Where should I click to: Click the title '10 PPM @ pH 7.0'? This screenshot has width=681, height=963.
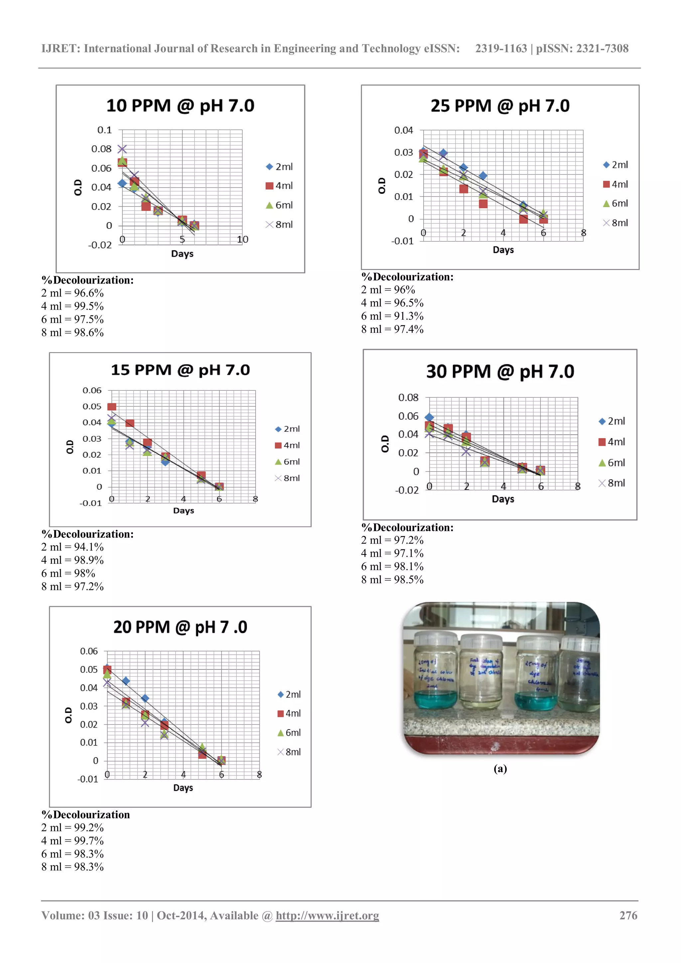180,106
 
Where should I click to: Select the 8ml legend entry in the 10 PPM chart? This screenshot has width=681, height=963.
280,225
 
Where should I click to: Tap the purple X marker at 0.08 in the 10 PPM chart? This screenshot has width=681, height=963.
122,149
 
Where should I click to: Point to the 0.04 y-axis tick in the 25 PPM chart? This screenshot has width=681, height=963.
403,130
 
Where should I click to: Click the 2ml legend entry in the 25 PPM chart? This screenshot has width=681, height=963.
615,165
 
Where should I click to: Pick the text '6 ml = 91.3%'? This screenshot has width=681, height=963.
392,316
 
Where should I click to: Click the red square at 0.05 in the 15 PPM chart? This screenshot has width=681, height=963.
111,406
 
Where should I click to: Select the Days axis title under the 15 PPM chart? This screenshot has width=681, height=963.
183,510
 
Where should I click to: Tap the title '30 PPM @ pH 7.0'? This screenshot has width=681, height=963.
500,372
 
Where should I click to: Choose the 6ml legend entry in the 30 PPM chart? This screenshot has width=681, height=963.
612,463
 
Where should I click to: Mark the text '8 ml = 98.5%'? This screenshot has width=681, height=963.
392,579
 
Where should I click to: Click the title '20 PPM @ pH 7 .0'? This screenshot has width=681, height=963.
180,627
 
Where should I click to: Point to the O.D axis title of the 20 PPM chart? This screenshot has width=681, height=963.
68,715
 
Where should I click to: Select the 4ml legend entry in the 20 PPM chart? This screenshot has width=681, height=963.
289,714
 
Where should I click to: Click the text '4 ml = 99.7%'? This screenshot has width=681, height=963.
72,841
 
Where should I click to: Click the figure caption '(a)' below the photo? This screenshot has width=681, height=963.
500,768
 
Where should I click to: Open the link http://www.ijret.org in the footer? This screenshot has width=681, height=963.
327,915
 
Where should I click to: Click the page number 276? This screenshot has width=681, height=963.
628,915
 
